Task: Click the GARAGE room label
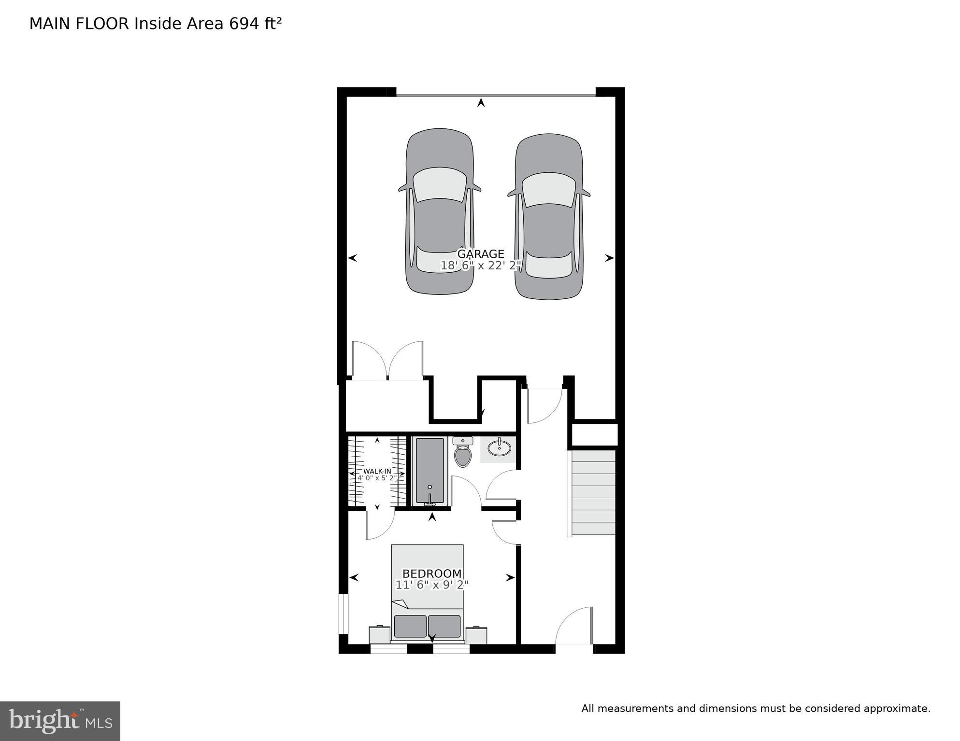click(480, 254)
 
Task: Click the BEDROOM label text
click(432, 573)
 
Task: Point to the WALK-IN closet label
click(377, 471)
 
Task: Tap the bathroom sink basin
click(499, 448)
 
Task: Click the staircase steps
click(593, 492)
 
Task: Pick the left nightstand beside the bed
click(379, 634)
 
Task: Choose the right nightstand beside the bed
click(476, 634)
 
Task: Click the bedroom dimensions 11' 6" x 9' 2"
click(432, 585)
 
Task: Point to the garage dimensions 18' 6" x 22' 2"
click(480, 266)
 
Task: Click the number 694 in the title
click(244, 24)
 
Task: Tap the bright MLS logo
click(60, 721)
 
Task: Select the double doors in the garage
click(387, 360)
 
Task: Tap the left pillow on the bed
click(410, 626)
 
